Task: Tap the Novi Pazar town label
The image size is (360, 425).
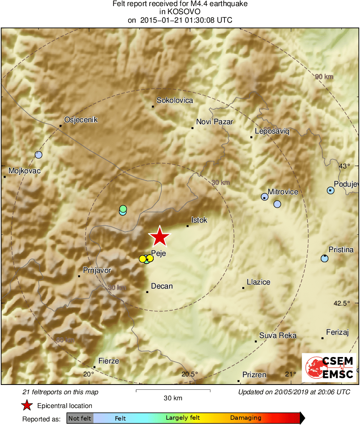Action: [214, 121]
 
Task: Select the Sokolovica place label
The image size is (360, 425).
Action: [175, 100]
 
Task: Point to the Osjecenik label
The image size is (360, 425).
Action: [81, 120]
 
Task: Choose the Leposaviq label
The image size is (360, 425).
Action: [272, 131]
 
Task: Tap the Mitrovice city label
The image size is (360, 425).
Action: [283, 192]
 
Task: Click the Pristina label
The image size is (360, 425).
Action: [341, 250]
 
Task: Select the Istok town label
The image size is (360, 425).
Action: [199, 220]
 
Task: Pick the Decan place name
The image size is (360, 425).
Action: [162, 286]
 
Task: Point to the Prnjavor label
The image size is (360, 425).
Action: [97, 270]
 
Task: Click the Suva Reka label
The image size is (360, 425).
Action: [278, 336]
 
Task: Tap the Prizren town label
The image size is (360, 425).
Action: [254, 375]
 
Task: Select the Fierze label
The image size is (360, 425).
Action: [109, 361]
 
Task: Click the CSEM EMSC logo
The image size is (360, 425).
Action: [329, 368]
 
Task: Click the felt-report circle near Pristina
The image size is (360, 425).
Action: [324, 258]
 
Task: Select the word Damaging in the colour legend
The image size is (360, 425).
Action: [246, 418]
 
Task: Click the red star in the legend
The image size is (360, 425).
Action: [27, 405]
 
